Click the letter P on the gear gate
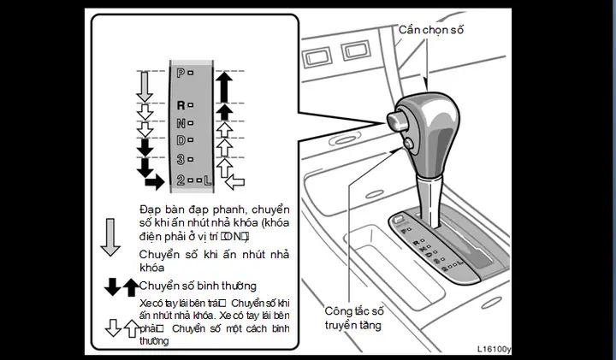point(180,74)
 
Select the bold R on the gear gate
point(180,105)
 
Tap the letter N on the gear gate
point(180,122)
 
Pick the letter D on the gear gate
point(180,139)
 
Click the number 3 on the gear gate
point(180,159)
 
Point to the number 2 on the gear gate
point(180,180)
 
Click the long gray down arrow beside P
point(145,86)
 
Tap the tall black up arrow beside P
point(224,86)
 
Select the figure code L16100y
point(494,349)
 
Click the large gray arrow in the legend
point(110,237)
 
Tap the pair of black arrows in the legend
point(120,287)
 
